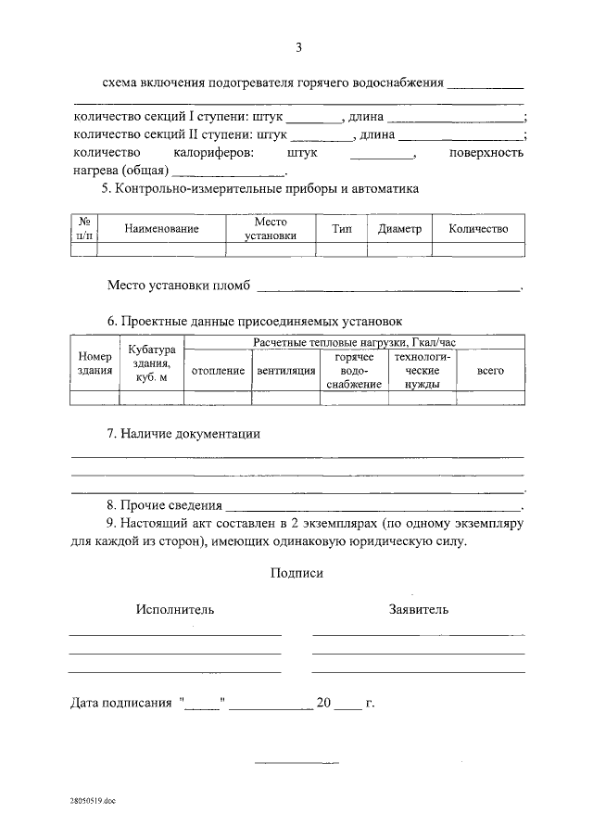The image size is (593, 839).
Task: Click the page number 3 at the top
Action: click(298, 47)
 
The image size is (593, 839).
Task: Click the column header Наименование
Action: click(162, 229)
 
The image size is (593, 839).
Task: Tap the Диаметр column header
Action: click(399, 229)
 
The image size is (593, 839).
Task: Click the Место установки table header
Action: click(271, 229)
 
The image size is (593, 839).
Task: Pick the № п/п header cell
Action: click(84, 229)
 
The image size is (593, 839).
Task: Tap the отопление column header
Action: click(218, 371)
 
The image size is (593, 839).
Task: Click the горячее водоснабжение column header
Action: click(353, 371)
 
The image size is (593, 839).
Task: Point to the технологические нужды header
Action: click(422, 371)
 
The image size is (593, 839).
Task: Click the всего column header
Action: click(490, 371)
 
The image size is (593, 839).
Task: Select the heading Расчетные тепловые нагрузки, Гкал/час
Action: click(354, 343)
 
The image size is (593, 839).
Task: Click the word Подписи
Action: click(296, 574)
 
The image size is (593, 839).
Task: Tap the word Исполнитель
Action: click(175, 609)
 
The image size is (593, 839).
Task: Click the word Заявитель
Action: click(419, 609)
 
